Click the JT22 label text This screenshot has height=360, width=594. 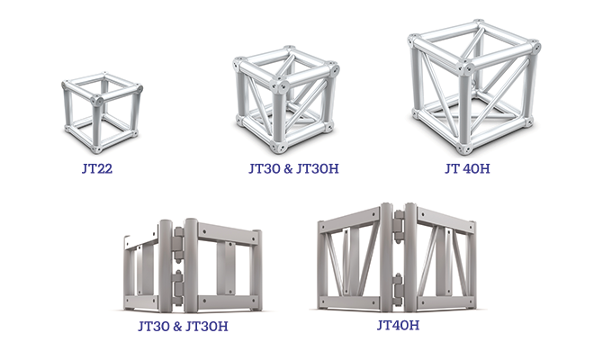pyautogui.click(x=97, y=166)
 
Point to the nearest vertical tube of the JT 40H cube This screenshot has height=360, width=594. pyautogui.click(x=467, y=107)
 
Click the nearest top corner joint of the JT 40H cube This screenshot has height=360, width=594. pyautogui.click(x=465, y=68)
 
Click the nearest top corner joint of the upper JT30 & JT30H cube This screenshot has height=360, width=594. pyautogui.click(x=282, y=86)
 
